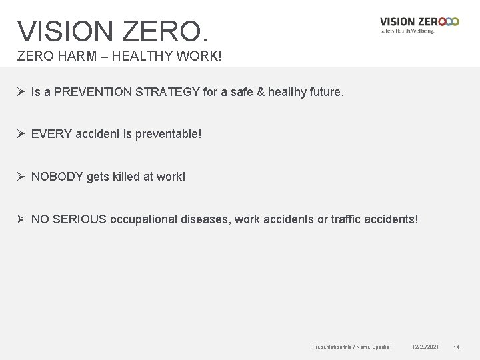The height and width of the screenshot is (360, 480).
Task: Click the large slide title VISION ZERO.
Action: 113,30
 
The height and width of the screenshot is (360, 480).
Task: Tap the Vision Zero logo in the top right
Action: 419,25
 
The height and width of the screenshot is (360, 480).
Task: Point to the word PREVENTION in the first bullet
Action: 95,93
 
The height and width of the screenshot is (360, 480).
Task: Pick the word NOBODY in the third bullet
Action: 58,176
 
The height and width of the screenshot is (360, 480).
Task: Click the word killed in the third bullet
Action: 127,176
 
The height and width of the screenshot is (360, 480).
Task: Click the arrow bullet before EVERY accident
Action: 21,134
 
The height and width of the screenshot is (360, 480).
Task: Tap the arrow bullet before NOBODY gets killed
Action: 21,176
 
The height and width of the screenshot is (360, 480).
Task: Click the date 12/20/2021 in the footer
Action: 425,347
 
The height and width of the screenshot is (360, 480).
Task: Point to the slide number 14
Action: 457,347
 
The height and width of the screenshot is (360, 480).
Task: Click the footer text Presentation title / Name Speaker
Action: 352,347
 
